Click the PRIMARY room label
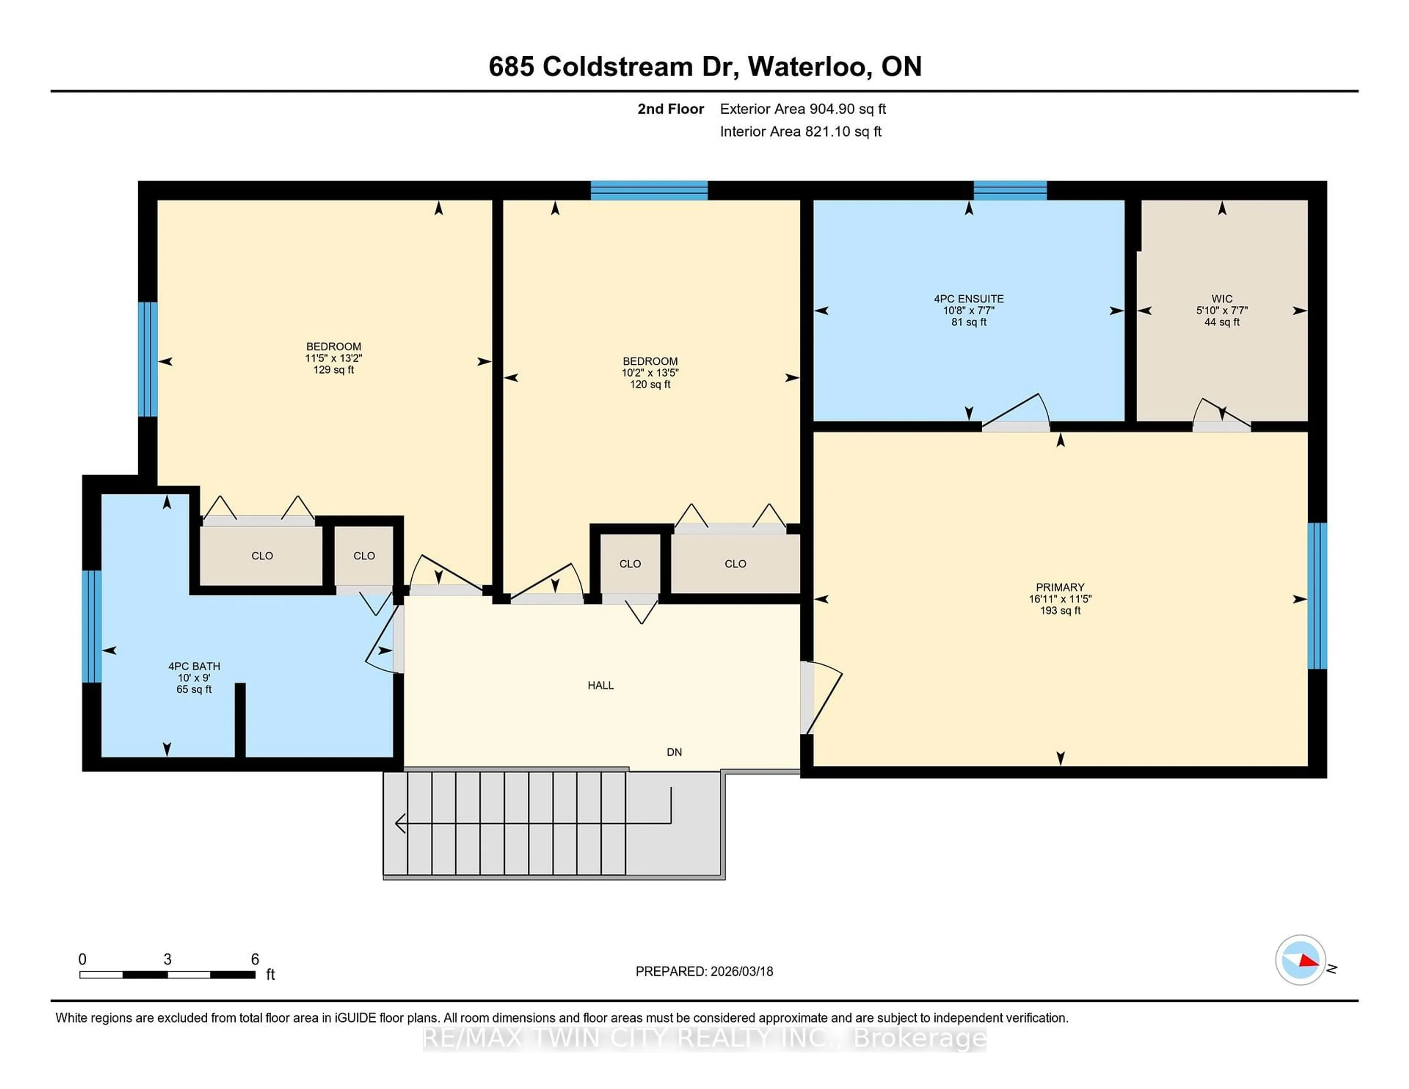[x=1060, y=587]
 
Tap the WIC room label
[x=1221, y=299]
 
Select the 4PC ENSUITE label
[x=968, y=299]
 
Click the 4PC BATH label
[x=194, y=666]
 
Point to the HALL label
[x=600, y=685]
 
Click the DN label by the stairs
[x=674, y=751]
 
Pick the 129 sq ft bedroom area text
[x=334, y=370]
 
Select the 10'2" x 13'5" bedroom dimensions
[x=650, y=373]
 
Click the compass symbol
[x=1300, y=960]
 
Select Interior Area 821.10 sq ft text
[x=800, y=132]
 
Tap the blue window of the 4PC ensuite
[x=1010, y=190]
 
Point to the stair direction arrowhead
[x=399, y=823]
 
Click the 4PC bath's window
[x=92, y=626]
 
